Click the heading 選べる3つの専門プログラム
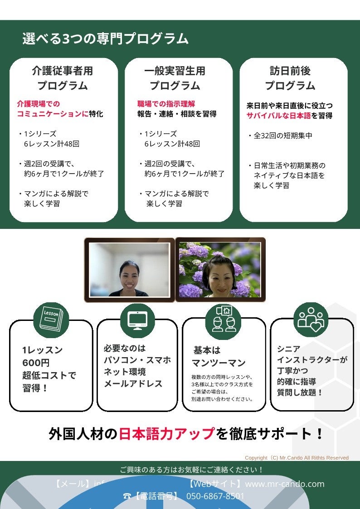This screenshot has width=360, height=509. coord(105,39)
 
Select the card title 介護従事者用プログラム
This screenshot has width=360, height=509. coord(63,78)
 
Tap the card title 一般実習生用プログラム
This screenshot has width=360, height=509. coord(175,78)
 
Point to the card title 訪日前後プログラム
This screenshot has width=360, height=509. coord(290,78)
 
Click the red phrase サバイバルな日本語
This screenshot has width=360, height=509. coord(278,116)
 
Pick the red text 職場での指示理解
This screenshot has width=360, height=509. coord(166,104)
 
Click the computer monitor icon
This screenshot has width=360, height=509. coord(137,320)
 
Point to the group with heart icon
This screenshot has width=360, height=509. coord(311,318)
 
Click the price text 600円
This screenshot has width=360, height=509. coord(36,363)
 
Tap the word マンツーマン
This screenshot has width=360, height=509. coord(219,363)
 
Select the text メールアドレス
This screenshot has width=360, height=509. coord(133,383)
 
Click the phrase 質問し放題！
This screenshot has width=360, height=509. coord(300,393)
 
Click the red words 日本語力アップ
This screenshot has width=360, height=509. coord(166,434)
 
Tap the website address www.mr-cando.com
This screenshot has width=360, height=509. coord(285,484)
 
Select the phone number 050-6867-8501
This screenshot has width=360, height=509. coord(215,496)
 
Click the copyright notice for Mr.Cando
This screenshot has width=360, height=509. coord(297,458)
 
